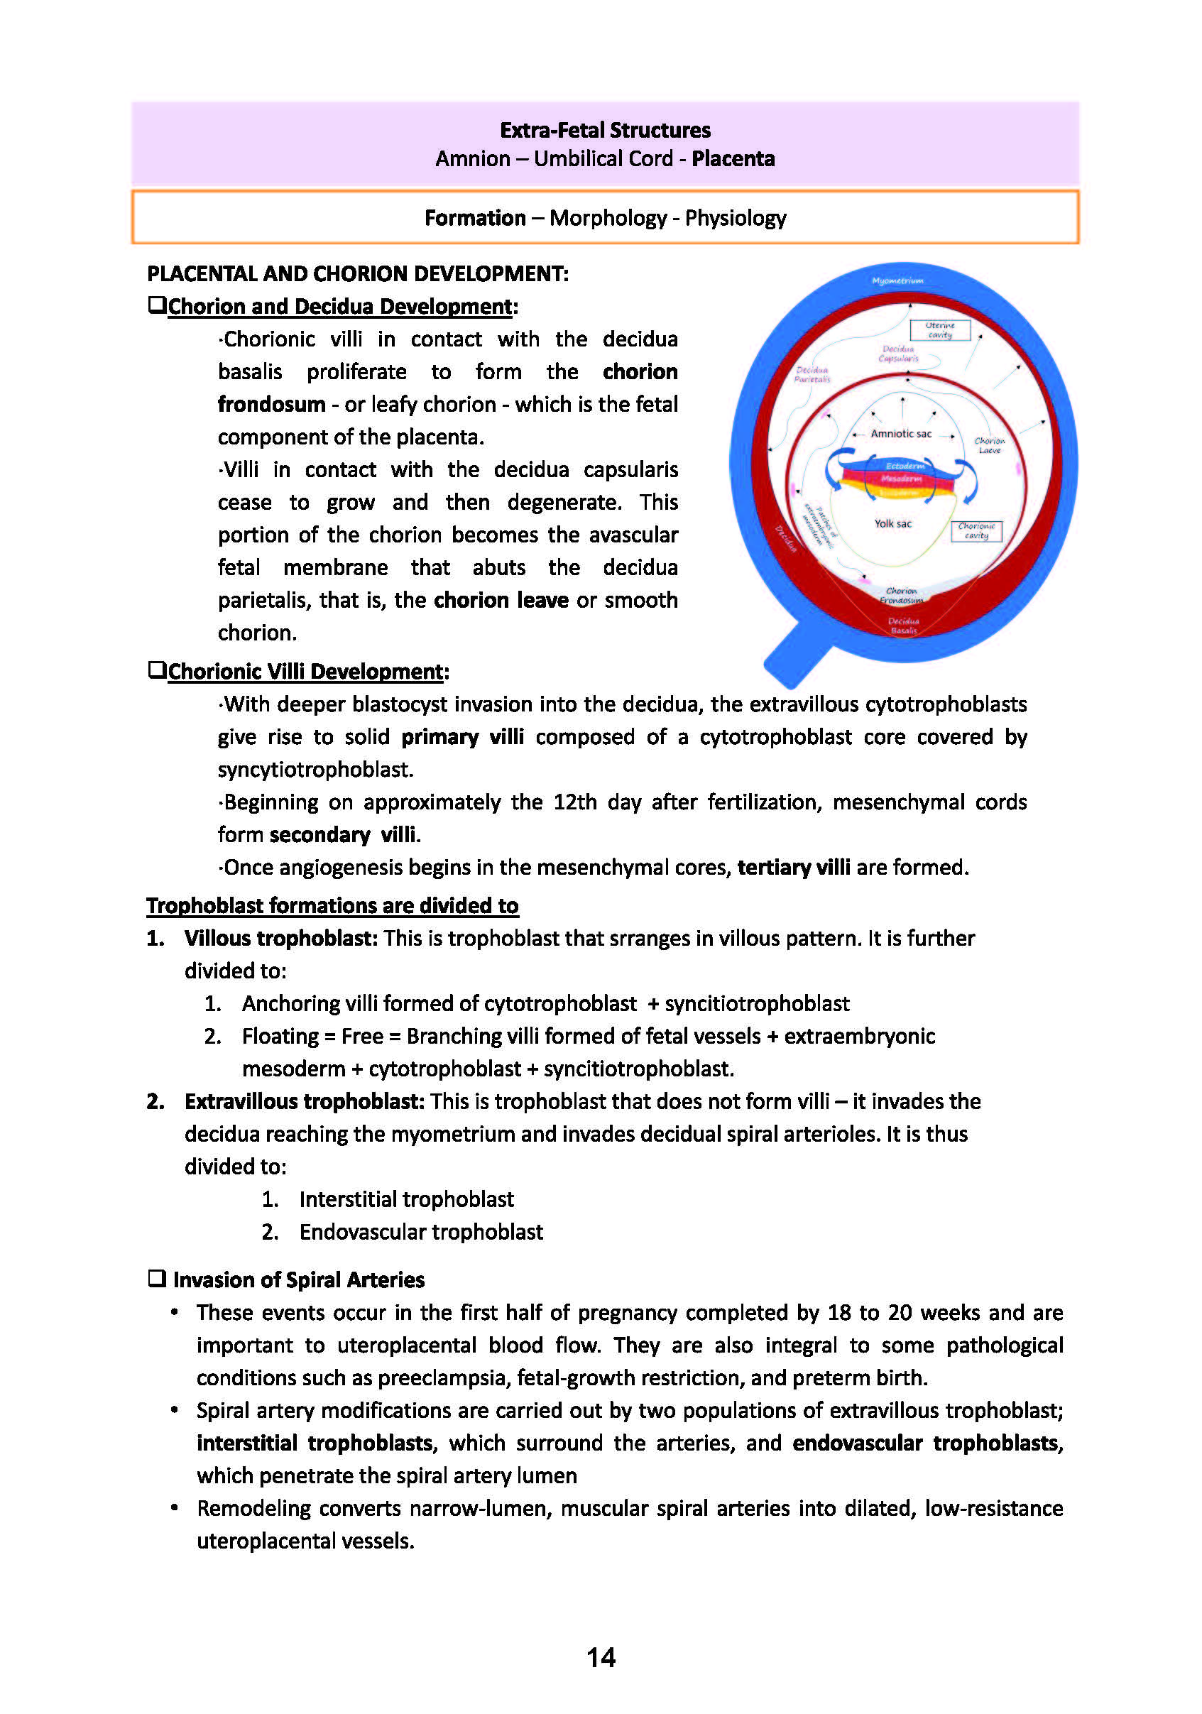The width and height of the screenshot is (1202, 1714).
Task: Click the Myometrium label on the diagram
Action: click(897, 280)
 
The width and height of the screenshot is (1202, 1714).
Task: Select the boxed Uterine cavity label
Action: click(939, 330)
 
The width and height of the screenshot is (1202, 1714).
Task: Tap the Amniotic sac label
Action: click(900, 434)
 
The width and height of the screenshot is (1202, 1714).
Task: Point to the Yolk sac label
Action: click(893, 524)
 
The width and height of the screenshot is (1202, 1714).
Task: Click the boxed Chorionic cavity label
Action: click(976, 531)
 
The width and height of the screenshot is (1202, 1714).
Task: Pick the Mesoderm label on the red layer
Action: click(901, 479)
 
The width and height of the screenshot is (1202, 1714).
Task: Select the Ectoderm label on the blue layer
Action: click(904, 466)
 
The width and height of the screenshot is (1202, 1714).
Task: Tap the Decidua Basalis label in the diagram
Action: click(903, 626)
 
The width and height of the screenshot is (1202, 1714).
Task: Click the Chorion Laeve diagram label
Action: click(989, 446)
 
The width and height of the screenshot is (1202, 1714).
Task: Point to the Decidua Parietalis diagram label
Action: click(812, 375)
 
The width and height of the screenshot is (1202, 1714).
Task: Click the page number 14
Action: click(601, 1657)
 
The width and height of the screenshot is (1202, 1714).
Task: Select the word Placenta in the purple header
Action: click(733, 159)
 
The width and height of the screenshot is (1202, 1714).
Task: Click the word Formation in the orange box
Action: click(475, 218)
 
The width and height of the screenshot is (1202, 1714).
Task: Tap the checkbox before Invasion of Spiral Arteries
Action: click(157, 1279)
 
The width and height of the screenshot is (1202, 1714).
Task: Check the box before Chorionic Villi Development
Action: click(157, 670)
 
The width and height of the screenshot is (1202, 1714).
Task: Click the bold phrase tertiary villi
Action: click(793, 868)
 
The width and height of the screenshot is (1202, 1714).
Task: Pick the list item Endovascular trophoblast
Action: click(421, 1232)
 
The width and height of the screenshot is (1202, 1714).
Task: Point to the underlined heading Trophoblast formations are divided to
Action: click(332, 905)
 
